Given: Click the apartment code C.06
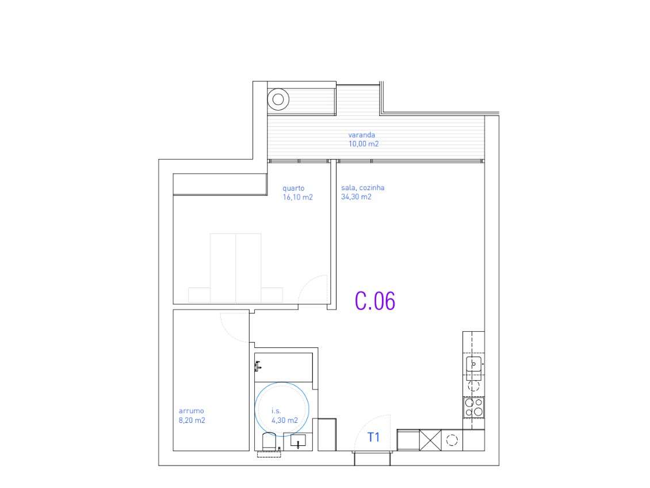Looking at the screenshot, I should click(375, 301).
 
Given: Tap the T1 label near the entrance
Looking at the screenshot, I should click(374, 437).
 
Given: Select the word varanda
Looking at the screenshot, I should click(361, 135).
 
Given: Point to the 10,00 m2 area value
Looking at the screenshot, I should click(364, 144).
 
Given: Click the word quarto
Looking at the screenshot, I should click(293, 188).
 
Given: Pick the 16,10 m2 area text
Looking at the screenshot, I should click(297, 197).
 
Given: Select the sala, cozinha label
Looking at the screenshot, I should click(362, 188).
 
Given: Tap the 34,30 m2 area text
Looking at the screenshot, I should click(356, 197).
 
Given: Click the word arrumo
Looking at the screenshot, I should click(191, 411).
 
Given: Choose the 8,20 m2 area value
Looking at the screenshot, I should click(192, 420).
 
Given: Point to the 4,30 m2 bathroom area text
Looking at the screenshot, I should click(285, 420).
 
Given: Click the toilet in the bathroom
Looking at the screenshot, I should click(268, 443).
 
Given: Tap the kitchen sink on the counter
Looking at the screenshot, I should click(474, 364).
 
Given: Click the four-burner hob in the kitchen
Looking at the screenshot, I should click(474, 408).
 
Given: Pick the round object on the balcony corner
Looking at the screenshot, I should click(278, 99).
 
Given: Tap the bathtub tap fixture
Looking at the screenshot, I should click(258, 365).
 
